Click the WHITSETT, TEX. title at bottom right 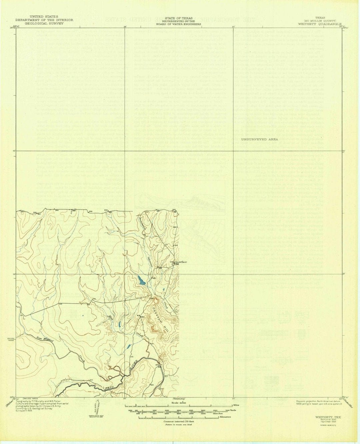(326, 417)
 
